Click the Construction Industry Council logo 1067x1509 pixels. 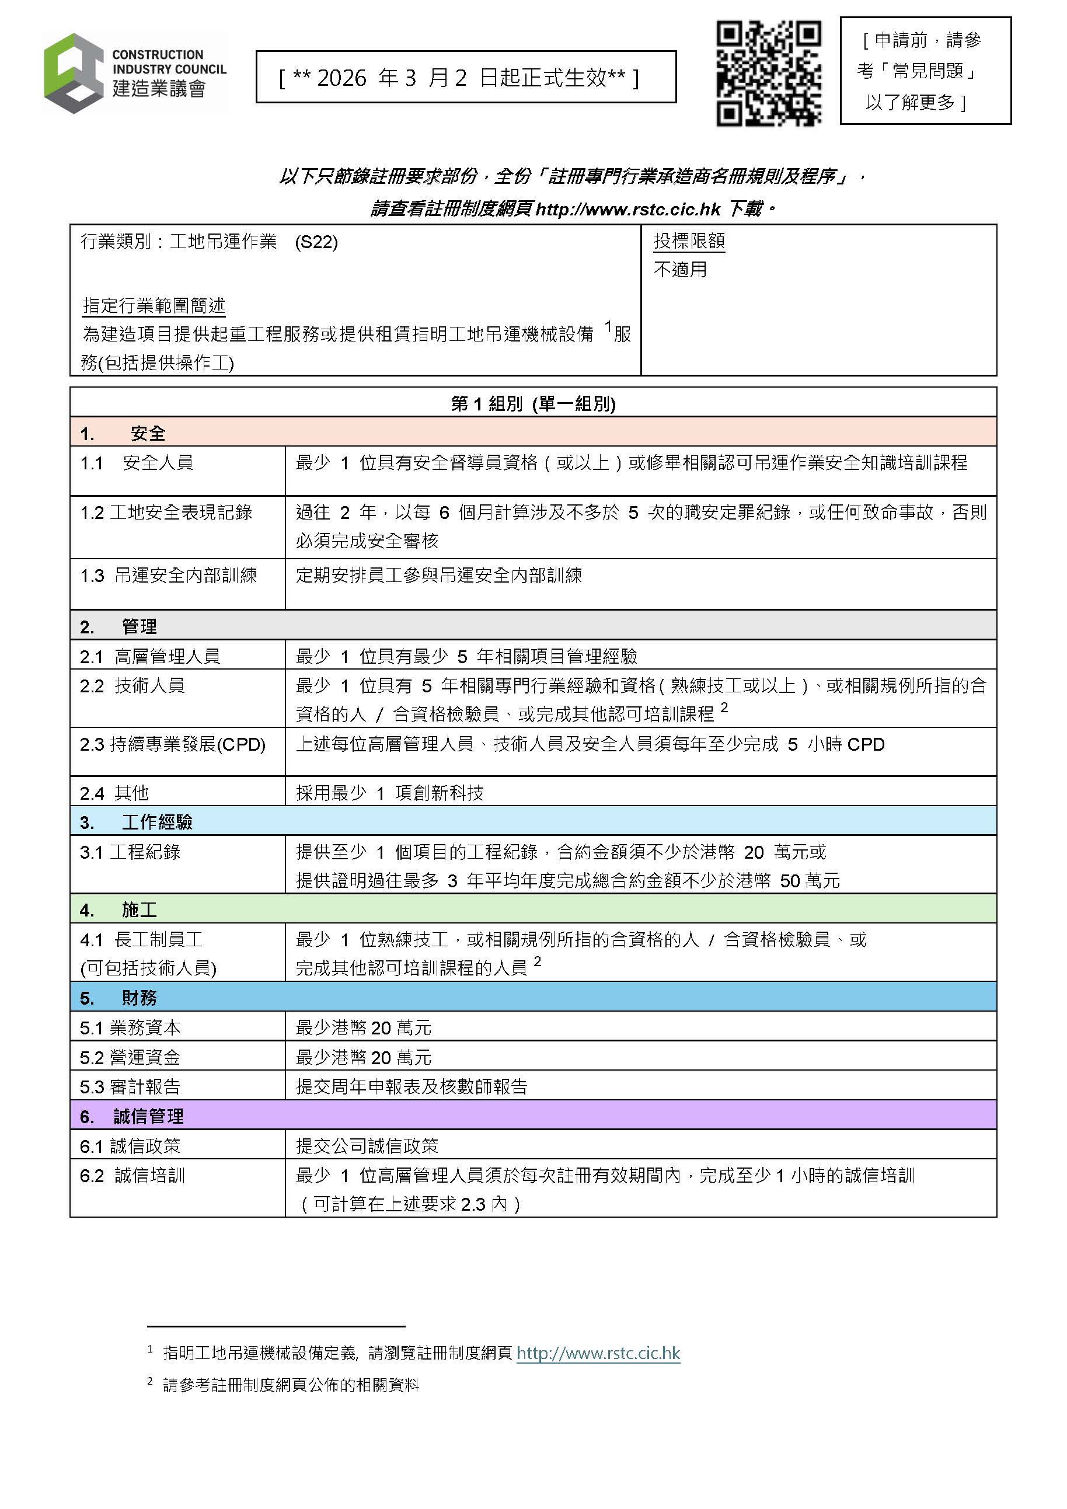[135, 74]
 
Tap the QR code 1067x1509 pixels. [768, 73]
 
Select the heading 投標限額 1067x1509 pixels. [689, 241]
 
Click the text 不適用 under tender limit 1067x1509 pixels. [680, 270]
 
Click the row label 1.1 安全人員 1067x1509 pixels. [137, 463]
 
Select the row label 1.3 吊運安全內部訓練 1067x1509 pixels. [168, 576]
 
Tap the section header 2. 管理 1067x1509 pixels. [118, 626]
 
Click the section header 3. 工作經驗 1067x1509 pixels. [136, 822]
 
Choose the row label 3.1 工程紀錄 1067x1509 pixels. [130, 852]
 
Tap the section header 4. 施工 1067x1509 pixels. [118, 909]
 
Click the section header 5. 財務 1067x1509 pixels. [118, 998]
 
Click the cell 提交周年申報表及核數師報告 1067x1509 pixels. [412, 1086]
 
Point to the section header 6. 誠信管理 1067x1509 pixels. [131, 1116]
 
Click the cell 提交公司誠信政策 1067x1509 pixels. [367, 1146]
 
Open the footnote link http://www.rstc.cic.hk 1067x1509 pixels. [598, 1353]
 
